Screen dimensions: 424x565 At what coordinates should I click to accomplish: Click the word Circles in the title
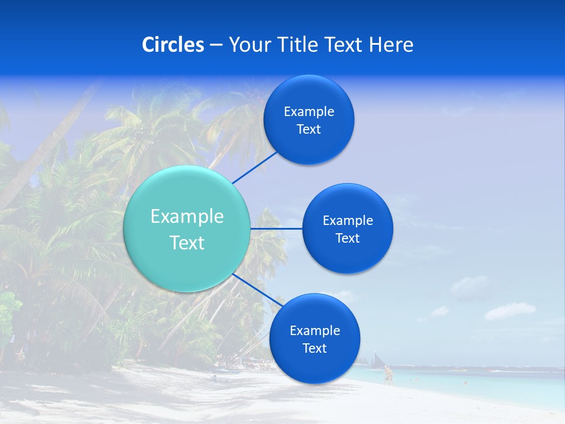[x=173, y=45]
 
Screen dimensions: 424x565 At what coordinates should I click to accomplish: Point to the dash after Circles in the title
[x=216, y=45]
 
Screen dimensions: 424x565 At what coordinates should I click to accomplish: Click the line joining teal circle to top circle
[x=254, y=167]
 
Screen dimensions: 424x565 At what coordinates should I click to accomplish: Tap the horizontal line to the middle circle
[x=277, y=228]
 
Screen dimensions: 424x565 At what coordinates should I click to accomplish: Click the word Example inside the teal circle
[x=187, y=217]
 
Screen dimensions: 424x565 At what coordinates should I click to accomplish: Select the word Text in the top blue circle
[x=308, y=130]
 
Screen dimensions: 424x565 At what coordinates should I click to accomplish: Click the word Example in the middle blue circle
[x=348, y=221]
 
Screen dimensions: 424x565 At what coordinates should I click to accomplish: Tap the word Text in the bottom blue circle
[x=314, y=349]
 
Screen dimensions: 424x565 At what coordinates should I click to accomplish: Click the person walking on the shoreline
[x=388, y=375]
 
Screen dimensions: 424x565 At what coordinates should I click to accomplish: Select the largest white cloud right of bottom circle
[x=510, y=311]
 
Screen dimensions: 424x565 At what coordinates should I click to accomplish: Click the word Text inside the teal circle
[x=187, y=243]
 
